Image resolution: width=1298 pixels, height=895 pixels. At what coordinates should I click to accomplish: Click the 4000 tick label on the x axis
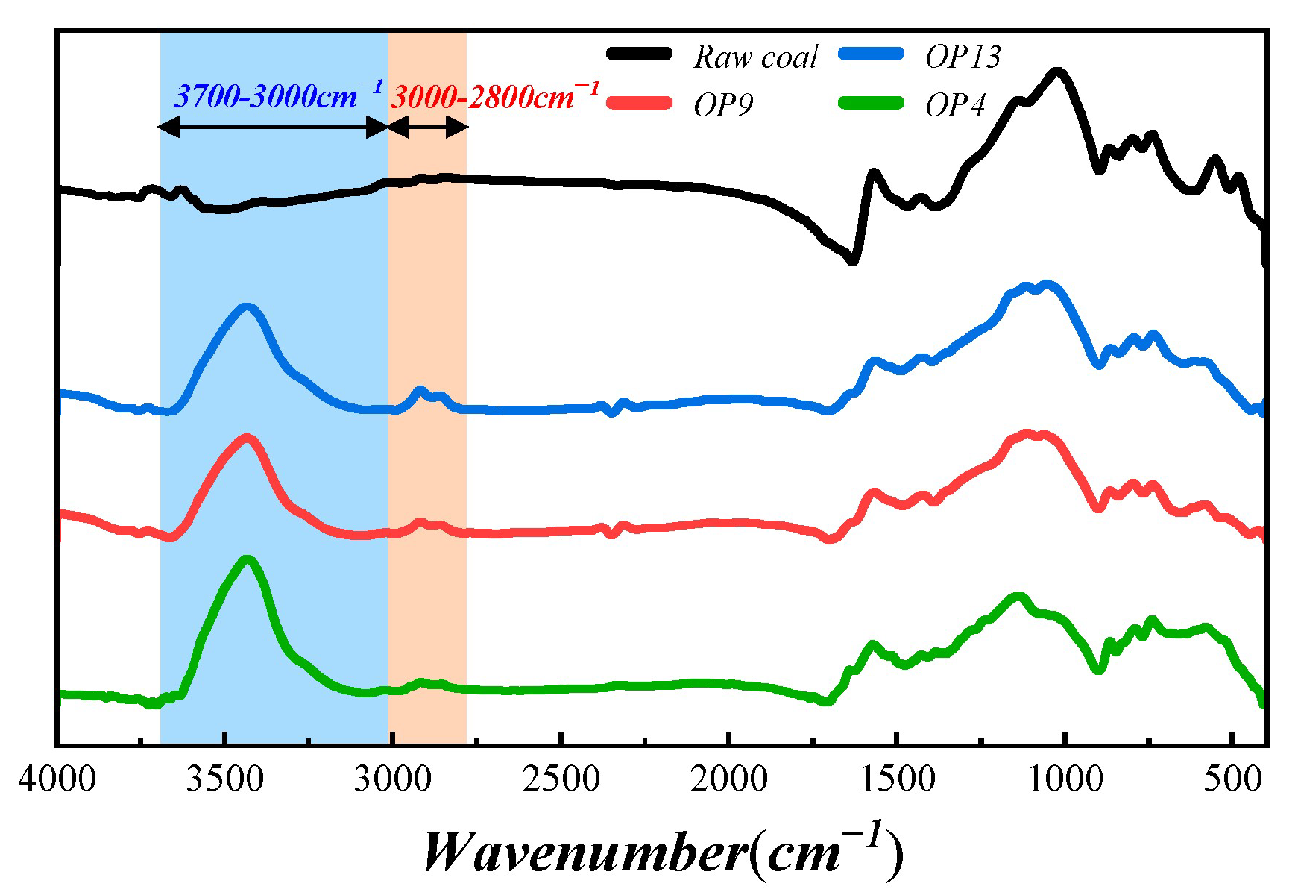click(x=57, y=780)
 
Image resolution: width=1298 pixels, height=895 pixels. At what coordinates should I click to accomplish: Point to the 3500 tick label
click(x=224, y=780)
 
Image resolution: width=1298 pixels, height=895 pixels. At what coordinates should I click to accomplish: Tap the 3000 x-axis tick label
click(x=393, y=780)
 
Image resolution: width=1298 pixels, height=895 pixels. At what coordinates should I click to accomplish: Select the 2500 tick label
click(x=561, y=780)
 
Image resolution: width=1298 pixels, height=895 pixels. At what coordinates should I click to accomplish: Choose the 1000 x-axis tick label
click(x=1065, y=780)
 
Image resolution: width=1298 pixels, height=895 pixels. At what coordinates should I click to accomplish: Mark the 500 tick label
click(x=1233, y=780)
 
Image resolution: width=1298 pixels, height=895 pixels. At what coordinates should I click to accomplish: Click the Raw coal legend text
click(x=755, y=57)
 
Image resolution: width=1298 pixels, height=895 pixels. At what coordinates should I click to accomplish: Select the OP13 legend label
click(x=963, y=57)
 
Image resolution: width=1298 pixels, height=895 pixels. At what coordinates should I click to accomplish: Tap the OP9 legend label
click(x=722, y=105)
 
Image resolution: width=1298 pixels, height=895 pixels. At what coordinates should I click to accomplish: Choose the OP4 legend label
click(x=955, y=105)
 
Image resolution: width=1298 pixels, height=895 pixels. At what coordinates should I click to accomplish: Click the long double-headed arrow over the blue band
click(x=274, y=128)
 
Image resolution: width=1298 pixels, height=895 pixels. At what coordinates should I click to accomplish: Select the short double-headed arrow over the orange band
click(x=428, y=128)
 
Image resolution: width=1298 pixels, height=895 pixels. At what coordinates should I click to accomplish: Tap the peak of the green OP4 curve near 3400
click(x=248, y=559)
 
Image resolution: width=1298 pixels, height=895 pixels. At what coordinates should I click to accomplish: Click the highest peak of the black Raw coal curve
click(x=1057, y=72)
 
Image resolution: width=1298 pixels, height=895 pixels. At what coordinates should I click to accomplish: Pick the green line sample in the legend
click(x=871, y=103)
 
